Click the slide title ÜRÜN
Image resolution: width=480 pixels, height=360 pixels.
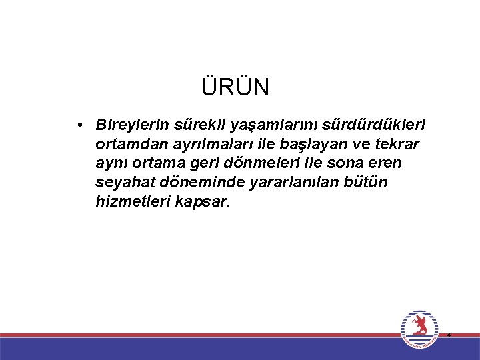(235, 87)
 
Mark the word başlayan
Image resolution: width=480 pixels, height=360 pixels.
(292, 144)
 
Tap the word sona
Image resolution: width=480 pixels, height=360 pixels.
(351, 163)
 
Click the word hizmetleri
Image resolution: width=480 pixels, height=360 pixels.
(128, 201)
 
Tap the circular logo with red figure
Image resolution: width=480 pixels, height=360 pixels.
(420, 329)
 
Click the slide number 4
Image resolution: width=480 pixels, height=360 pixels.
(449, 335)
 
